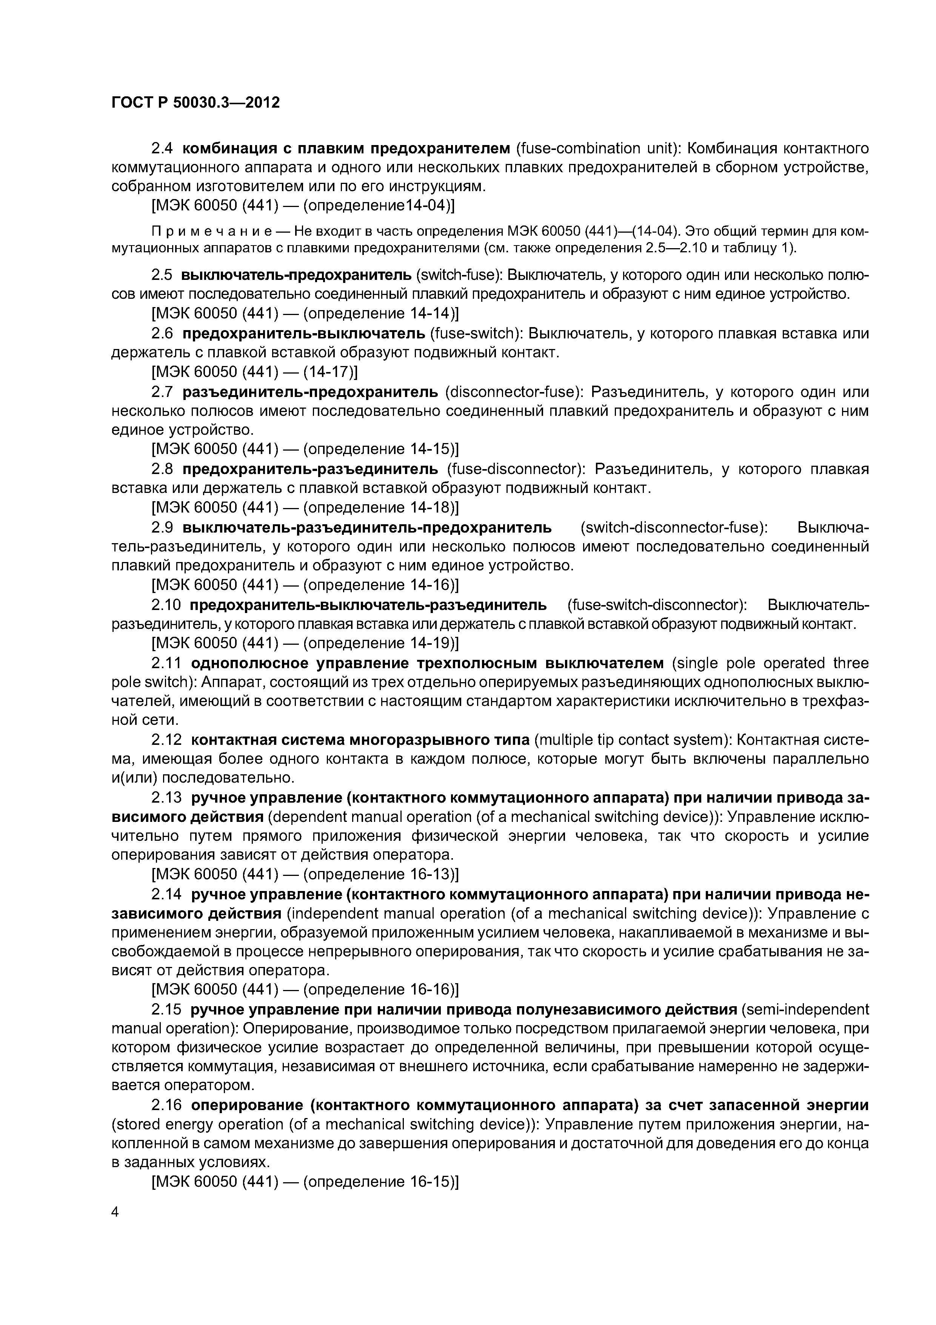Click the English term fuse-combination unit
(x=597, y=148)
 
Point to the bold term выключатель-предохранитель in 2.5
(x=296, y=275)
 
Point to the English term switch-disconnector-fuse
(x=674, y=527)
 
